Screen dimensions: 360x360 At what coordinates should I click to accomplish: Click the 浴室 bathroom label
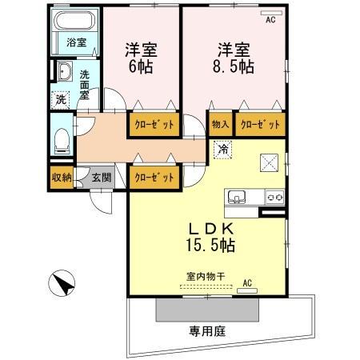[77, 42]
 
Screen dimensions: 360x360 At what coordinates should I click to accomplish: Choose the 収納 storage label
[62, 178]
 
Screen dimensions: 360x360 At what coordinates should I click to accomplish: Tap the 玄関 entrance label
[101, 178]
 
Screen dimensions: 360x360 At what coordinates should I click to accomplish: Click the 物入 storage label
[221, 125]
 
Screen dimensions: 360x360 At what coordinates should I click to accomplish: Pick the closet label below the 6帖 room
[152, 125]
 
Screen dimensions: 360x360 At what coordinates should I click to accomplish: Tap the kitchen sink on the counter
[238, 197]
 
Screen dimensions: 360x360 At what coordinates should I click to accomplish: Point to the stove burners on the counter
[274, 197]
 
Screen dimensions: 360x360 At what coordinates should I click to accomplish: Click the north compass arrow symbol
[62, 283]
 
